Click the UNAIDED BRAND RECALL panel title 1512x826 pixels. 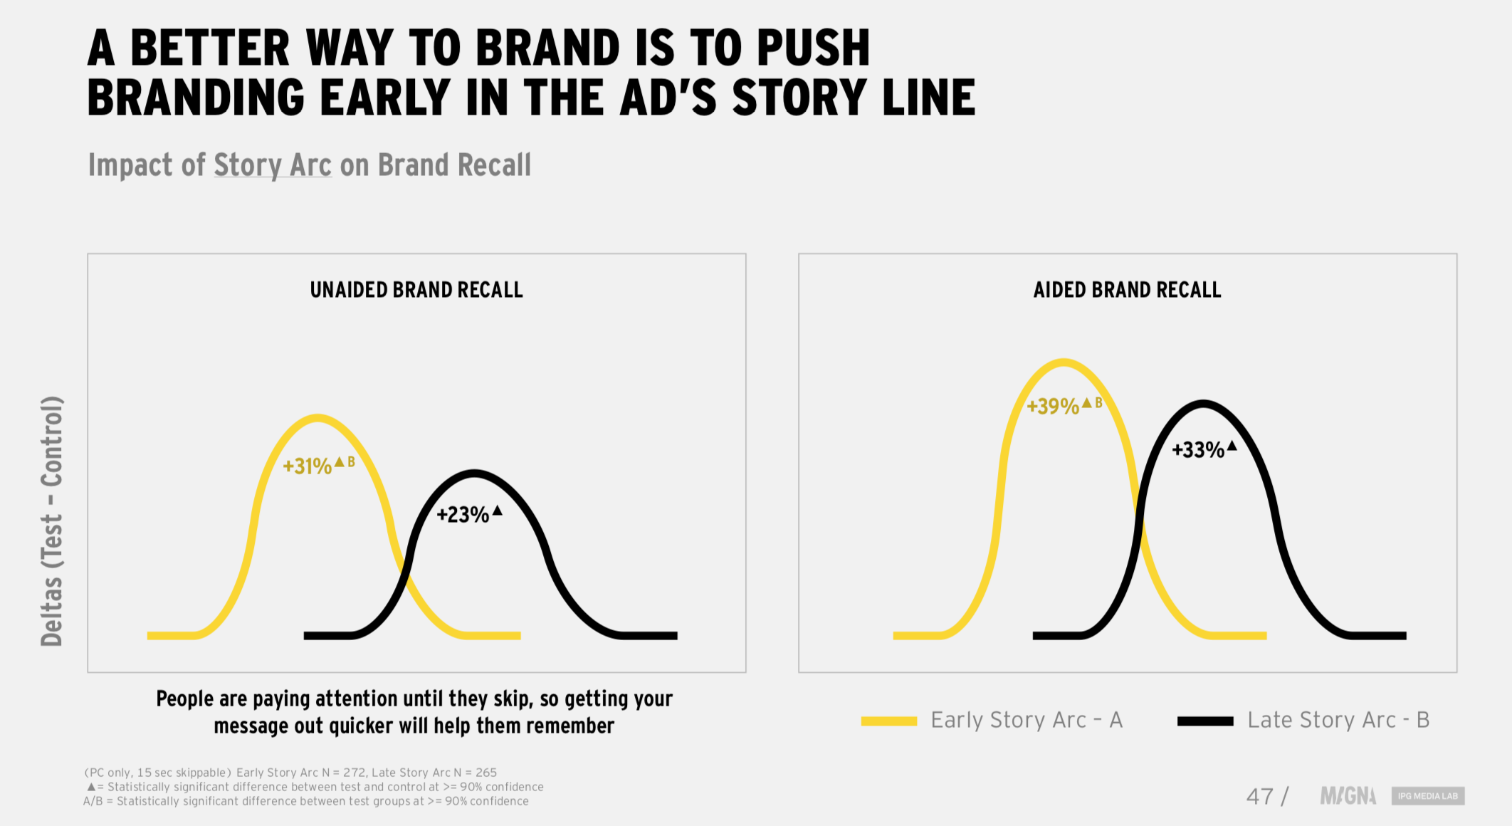pos(416,290)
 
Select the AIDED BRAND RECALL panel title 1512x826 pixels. pos(1127,290)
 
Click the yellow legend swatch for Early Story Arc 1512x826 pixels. pos(888,721)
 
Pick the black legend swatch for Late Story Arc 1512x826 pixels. pos(1205,721)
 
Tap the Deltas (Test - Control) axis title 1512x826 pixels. pos(52,521)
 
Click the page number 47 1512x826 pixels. pos(1260,796)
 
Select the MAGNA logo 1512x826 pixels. pos(1348,795)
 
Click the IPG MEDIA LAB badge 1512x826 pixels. pos(1428,795)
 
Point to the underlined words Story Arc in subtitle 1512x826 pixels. pos(273,165)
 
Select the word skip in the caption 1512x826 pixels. pos(512,699)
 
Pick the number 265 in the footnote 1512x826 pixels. pos(486,773)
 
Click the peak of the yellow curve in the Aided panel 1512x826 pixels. pos(1063,362)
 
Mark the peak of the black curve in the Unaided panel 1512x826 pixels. pos(474,473)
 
